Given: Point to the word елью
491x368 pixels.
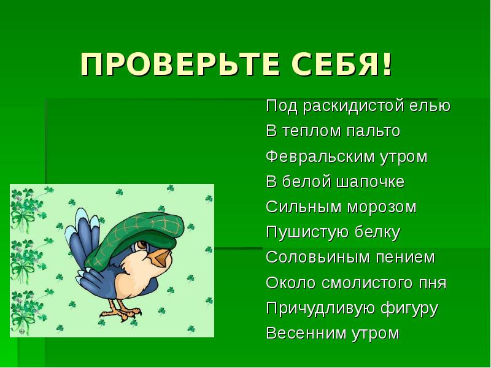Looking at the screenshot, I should (x=431, y=106).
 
